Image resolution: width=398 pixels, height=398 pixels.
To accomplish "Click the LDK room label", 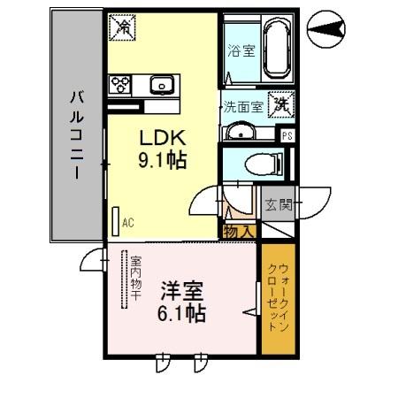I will [163, 138].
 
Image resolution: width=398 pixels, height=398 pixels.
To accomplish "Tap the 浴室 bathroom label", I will [241, 51].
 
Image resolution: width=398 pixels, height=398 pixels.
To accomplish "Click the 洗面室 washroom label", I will [241, 108].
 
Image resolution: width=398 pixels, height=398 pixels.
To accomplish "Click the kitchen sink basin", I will [162, 86].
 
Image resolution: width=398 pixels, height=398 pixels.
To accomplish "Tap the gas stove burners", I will [120, 85].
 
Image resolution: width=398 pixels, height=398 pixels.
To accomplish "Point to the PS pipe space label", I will [287, 135].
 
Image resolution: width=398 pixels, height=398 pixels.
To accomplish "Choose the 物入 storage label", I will [239, 232].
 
